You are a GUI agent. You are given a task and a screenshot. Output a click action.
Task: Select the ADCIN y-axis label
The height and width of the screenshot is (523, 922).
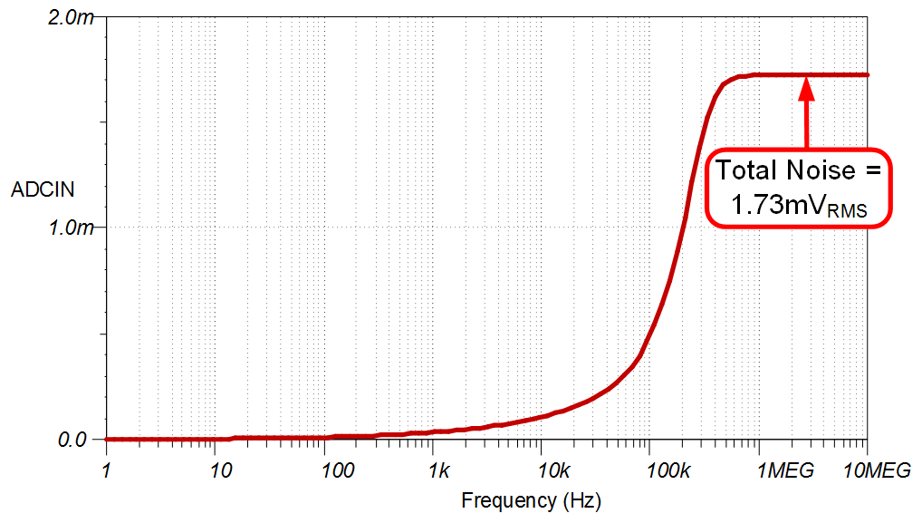[42, 189]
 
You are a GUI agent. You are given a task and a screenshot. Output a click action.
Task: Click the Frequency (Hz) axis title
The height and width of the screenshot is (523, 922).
[531, 500]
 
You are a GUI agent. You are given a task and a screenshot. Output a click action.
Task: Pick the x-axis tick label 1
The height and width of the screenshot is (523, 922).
[106, 470]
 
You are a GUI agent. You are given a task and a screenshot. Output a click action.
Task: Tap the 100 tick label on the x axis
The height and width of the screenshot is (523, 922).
[337, 470]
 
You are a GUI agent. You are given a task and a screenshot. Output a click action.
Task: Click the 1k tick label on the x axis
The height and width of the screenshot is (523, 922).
[438, 470]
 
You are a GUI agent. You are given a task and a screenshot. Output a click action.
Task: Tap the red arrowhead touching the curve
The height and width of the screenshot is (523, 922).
[806, 87]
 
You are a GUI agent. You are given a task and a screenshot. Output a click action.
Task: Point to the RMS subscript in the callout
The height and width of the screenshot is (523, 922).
[846, 211]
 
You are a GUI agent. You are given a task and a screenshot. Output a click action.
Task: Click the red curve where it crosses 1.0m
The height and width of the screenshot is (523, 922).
[684, 227]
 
